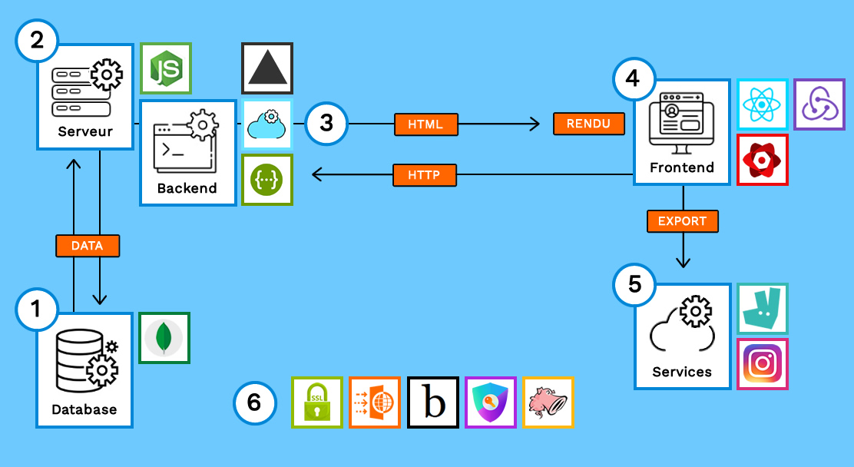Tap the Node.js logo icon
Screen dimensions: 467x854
point(166,68)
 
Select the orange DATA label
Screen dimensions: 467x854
point(88,246)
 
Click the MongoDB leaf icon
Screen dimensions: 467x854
point(164,337)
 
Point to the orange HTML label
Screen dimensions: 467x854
point(425,124)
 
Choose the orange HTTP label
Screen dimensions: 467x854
point(424,175)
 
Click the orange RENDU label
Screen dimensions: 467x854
point(589,124)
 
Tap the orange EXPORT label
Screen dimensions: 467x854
point(682,221)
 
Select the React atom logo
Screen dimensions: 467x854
point(763,104)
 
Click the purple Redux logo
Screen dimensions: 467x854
point(819,104)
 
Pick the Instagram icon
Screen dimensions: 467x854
point(763,364)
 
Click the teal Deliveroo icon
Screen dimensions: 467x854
point(763,308)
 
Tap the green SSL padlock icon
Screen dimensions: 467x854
point(317,402)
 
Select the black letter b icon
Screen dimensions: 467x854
point(433,402)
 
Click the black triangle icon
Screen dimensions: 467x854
point(267,68)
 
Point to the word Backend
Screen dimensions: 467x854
point(187,188)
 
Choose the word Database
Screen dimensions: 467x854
point(84,409)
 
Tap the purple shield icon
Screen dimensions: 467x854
point(491,402)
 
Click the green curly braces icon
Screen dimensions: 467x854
point(267,180)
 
